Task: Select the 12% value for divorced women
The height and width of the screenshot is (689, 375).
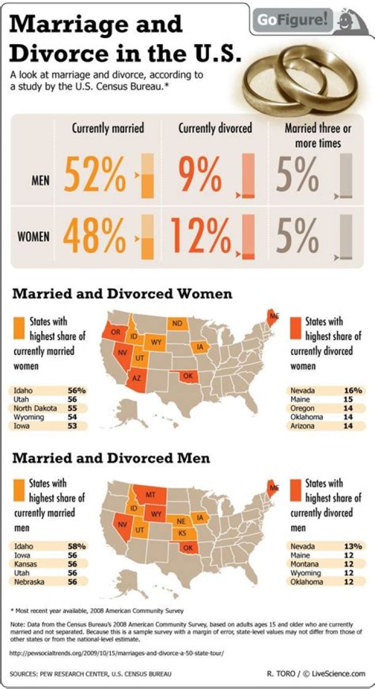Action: click(199, 237)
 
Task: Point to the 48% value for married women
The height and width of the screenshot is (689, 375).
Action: click(95, 237)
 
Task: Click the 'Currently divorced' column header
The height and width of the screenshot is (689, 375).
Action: click(215, 128)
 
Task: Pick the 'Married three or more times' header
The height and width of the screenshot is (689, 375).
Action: click(317, 135)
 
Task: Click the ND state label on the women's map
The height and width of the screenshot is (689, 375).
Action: click(178, 323)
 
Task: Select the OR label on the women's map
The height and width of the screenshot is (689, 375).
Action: click(116, 332)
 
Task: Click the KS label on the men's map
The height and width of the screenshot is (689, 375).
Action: click(182, 533)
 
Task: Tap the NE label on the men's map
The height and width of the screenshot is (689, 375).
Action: click(181, 521)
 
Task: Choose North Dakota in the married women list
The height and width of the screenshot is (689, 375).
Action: click(35, 408)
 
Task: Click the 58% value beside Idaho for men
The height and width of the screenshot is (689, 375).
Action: click(77, 546)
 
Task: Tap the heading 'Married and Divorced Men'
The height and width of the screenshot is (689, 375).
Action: click(111, 458)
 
